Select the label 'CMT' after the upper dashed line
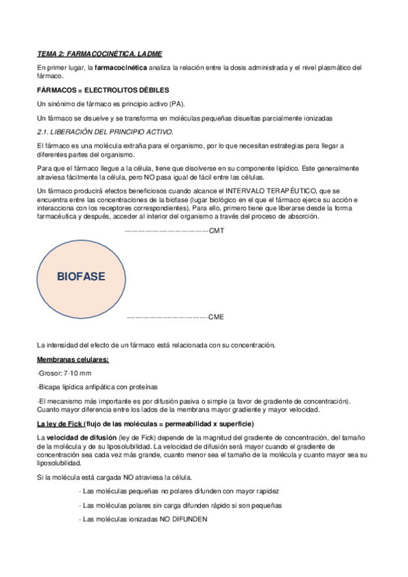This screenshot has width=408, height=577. click(217, 231)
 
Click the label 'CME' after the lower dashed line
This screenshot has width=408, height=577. click(216, 317)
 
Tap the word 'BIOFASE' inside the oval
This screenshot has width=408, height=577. click(80, 277)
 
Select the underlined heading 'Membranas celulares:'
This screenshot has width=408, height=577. click(72, 359)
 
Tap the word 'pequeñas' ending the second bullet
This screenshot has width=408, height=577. click(266, 506)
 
